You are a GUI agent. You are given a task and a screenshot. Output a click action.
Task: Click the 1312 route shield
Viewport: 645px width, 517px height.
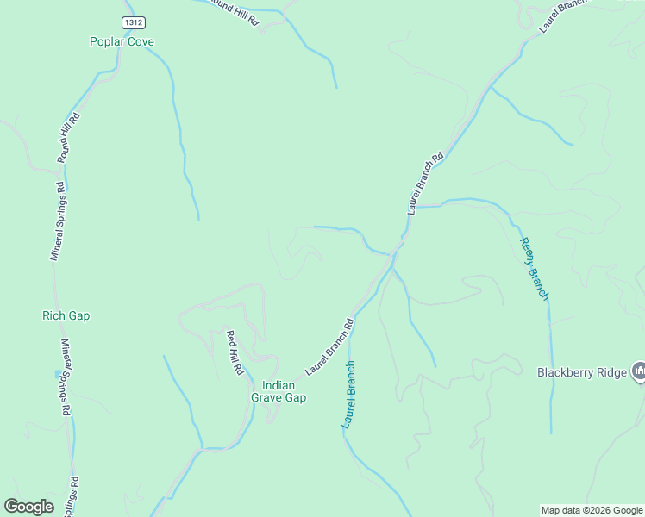pos(132,22)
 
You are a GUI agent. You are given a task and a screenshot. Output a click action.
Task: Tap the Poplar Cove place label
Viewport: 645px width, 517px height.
pos(122,41)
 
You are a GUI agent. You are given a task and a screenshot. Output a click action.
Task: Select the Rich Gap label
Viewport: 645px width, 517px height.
pos(66,315)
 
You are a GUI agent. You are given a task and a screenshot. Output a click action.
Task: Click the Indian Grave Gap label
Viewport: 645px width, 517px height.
pos(278,391)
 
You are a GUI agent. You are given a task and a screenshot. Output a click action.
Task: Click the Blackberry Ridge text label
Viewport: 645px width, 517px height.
pos(582,373)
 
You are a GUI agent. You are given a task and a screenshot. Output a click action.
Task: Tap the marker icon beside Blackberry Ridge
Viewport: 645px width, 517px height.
pos(639,371)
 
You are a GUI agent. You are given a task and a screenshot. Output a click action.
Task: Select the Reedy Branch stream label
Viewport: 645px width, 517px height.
pos(534,269)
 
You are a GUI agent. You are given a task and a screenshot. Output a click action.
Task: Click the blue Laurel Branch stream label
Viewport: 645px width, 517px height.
pos(348,395)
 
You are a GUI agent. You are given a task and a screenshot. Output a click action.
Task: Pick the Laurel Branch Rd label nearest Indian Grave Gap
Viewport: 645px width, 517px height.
pos(329,347)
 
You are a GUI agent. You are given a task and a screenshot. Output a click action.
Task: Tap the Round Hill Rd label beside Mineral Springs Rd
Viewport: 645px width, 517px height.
pos(69,138)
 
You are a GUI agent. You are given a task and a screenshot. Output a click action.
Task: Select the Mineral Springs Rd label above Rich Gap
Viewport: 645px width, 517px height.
pos(57,221)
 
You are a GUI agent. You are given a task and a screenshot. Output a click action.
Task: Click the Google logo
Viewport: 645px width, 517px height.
pos(28,507)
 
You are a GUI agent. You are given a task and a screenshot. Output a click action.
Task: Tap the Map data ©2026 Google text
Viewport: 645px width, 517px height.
pos(591,510)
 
